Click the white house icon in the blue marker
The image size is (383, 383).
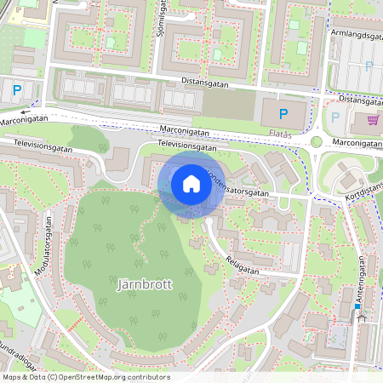point(191,184)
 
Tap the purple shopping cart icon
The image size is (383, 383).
point(372,119)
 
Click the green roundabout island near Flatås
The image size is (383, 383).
point(317,142)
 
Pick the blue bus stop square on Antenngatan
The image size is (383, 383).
point(357,306)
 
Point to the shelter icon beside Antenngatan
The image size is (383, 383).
point(363,317)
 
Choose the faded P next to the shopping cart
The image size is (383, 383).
point(334,117)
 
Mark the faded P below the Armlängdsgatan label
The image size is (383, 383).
point(369,66)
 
